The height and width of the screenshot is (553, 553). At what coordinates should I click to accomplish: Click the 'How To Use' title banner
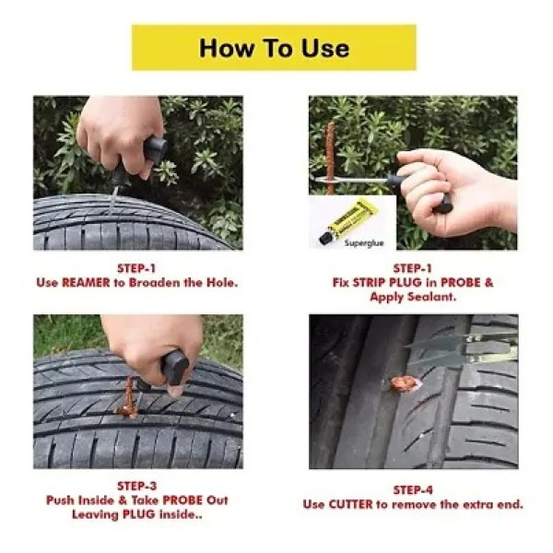point(274,48)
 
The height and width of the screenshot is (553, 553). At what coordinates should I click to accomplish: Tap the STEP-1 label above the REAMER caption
point(137,268)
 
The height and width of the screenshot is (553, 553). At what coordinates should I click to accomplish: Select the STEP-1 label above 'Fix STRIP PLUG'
point(412,268)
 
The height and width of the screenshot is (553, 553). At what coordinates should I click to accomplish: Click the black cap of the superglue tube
point(326,238)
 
